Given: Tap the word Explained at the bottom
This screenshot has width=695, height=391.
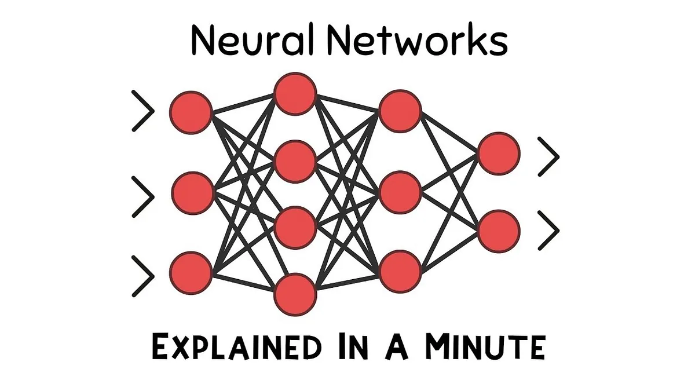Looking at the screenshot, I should (x=236, y=349).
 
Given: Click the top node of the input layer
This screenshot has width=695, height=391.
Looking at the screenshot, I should (x=191, y=111).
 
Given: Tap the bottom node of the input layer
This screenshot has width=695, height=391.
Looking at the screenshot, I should (x=191, y=272).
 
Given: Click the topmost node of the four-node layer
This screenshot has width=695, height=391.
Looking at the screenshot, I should (x=296, y=92).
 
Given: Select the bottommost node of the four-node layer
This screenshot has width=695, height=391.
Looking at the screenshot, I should (x=296, y=294).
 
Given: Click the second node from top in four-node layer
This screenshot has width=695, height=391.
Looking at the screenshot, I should (x=296, y=160).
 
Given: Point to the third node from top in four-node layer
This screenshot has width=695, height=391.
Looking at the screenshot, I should (x=296, y=226).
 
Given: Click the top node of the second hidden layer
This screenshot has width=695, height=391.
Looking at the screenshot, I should (x=400, y=111).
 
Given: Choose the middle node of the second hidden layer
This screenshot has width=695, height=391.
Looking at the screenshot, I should (x=400, y=192).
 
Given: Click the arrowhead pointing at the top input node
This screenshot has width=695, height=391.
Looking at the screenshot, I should (x=144, y=111).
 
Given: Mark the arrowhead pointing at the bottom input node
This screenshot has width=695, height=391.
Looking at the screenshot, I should (x=144, y=276).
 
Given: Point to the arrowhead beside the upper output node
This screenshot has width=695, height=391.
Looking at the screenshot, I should (x=548, y=156).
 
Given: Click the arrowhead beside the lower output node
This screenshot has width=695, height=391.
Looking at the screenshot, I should (x=548, y=231).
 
